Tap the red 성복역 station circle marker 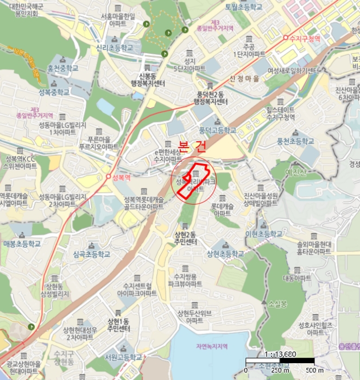click(109, 177)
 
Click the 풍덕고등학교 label click(218, 130)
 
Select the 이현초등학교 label click(264, 233)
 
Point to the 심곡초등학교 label click(91, 254)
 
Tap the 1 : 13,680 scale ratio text click(279, 353)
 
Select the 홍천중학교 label click(63, 68)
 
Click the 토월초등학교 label click(243, 7)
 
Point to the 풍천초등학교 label click(295, 141)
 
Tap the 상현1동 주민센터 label click(119, 325)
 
